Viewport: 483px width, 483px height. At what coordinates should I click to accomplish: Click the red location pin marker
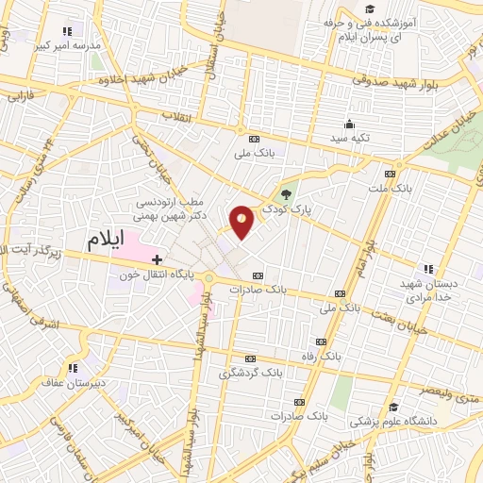[242, 222]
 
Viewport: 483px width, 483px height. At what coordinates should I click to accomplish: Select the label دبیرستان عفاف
[67, 383]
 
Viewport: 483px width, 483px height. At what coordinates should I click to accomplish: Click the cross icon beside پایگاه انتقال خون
[157, 258]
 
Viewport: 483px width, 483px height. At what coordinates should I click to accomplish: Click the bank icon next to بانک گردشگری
[249, 358]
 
